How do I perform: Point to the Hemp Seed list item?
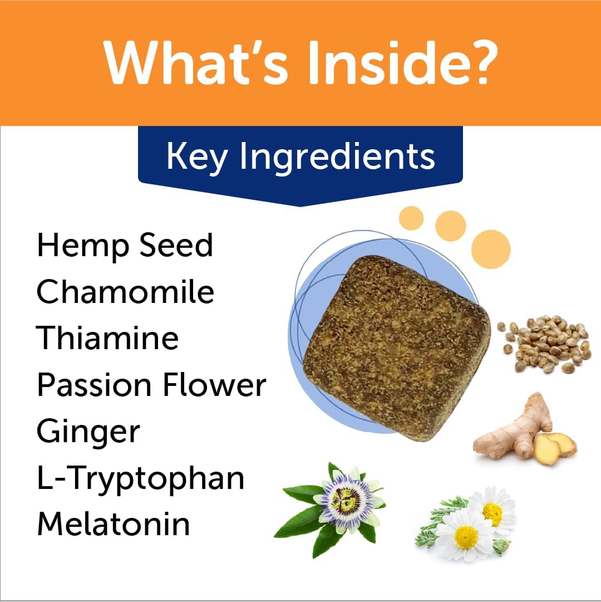[125, 245]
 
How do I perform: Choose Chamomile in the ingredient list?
[125, 292]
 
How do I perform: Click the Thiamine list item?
[107, 338]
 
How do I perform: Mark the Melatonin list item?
[113, 525]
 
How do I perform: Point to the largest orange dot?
[490, 249]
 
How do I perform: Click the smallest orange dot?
[412, 218]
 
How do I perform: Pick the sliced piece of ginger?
[555, 446]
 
